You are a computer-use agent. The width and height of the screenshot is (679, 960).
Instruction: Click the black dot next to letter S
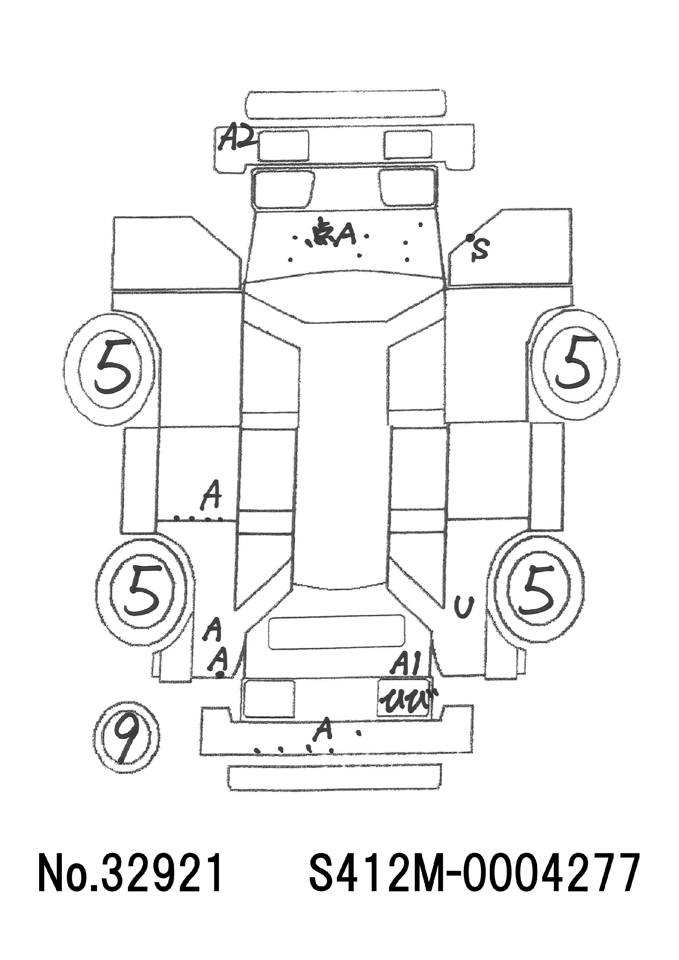(x=470, y=237)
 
